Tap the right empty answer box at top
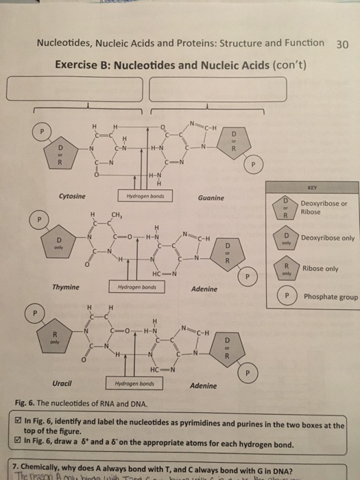[217, 88]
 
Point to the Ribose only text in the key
[321, 269]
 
